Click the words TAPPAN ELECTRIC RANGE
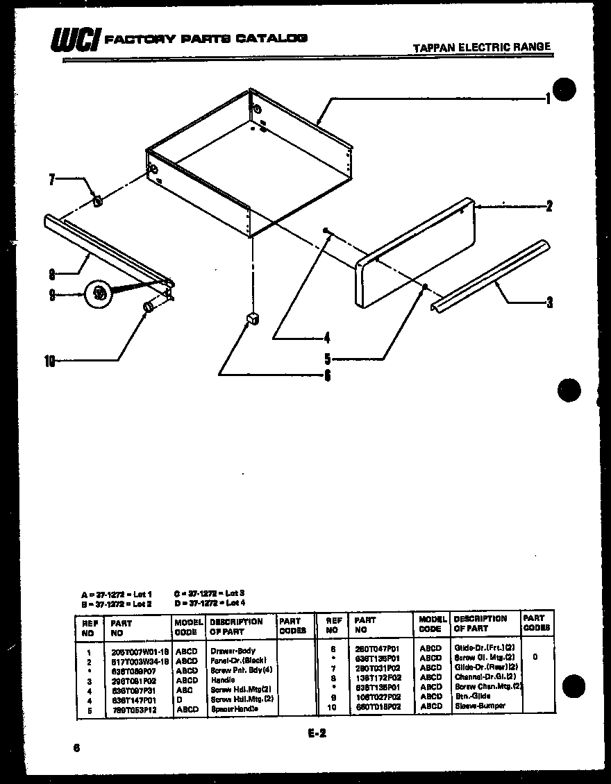(x=481, y=47)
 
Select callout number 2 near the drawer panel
(x=549, y=205)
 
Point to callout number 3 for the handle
(x=549, y=302)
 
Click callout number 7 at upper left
(x=51, y=180)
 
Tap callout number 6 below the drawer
(x=327, y=375)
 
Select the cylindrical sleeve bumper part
(x=148, y=307)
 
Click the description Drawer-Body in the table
(x=233, y=651)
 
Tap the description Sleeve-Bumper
(x=480, y=706)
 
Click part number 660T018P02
(x=378, y=706)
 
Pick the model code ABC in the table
(x=185, y=690)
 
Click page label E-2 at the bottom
(x=316, y=733)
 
